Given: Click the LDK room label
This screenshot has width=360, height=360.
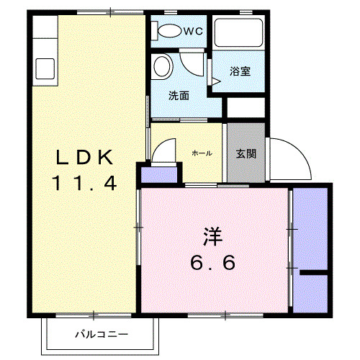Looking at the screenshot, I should point(84,156).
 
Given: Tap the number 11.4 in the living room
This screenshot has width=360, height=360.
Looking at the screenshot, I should point(84,183).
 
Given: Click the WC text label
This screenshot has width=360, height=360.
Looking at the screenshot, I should point(192,31).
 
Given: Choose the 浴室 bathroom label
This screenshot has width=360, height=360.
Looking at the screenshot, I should point(240,71).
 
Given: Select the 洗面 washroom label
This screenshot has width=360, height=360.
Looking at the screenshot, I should point(179,95).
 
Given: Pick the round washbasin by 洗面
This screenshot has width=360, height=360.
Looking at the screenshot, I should point(163,67).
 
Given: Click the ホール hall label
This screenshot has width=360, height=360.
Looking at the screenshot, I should point(201,153).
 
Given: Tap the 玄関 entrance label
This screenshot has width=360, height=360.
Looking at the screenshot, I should point(246,153).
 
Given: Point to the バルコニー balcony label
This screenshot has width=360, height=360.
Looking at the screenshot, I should point(102,335).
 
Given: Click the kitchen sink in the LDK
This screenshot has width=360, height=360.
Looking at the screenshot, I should point(43,69).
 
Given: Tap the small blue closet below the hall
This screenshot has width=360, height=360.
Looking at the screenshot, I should point(158,175).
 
